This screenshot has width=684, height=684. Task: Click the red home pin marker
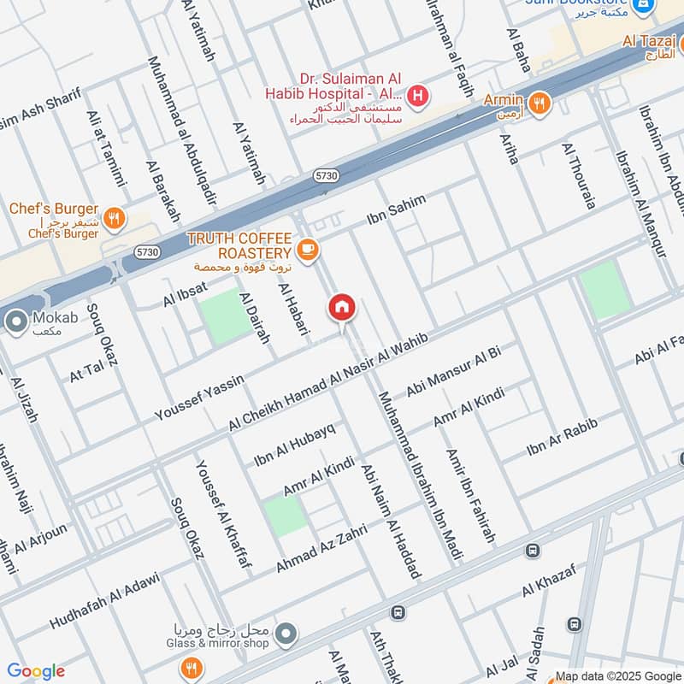click(342, 308)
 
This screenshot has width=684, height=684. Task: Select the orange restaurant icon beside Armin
click(540, 103)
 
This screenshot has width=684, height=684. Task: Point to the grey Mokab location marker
click(15, 322)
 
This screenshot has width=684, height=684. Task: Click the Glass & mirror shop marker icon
click(287, 634)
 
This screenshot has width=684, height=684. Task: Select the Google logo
click(36, 671)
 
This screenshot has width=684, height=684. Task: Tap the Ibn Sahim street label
click(395, 210)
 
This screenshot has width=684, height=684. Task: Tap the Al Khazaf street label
click(549, 581)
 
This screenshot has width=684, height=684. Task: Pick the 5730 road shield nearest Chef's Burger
click(147, 252)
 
